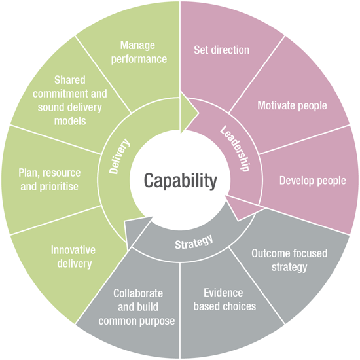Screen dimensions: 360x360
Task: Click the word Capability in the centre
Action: point(181,181)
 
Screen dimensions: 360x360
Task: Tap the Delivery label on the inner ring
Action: point(119,156)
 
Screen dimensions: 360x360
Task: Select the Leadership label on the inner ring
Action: point(234,149)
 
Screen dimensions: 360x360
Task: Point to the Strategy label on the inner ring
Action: point(194,242)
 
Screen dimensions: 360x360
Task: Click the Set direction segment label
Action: point(221,50)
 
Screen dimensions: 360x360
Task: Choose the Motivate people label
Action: point(292,105)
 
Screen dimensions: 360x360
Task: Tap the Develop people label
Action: point(312,181)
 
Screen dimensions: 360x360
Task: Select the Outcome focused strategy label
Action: point(289,260)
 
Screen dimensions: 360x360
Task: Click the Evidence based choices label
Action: point(225,299)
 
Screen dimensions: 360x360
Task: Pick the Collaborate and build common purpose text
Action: point(137,307)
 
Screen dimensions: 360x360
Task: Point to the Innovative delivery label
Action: point(73,257)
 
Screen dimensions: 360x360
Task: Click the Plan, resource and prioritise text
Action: point(50,179)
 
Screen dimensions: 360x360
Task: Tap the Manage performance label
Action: point(139,52)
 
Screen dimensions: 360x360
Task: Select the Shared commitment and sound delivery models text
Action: point(70,100)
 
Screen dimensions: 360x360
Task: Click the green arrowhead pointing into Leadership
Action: point(189,113)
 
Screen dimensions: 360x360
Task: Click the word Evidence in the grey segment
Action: point(223,293)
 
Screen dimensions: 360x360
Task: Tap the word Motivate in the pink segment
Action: point(275,105)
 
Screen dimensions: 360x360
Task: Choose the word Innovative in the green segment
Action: point(73,250)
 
